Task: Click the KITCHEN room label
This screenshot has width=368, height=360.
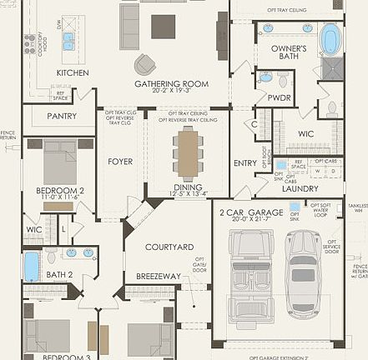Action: pyautogui.click(x=73, y=72)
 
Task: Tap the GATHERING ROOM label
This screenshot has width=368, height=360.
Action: pyautogui.click(x=170, y=84)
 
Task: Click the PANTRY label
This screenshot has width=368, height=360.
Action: pyautogui.click(x=62, y=116)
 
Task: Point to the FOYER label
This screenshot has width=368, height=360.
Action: pyautogui.click(x=120, y=162)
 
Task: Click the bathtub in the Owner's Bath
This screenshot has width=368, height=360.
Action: pyautogui.click(x=331, y=39)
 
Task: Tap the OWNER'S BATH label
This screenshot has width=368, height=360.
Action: pyautogui.click(x=288, y=52)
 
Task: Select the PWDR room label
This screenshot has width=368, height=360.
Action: pyautogui.click(x=279, y=97)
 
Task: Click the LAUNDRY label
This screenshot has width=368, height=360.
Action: pyautogui.click(x=300, y=188)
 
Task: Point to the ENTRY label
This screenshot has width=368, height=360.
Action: pyautogui.click(x=245, y=163)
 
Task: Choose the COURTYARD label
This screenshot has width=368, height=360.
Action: pyautogui.click(x=169, y=247)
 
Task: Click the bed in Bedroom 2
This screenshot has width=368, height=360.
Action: pyautogui.click(x=61, y=161)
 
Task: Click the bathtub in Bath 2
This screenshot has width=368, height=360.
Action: pyautogui.click(x=31, y=267)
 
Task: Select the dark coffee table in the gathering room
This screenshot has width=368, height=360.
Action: pyautogui.click(x=164, y=27)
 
